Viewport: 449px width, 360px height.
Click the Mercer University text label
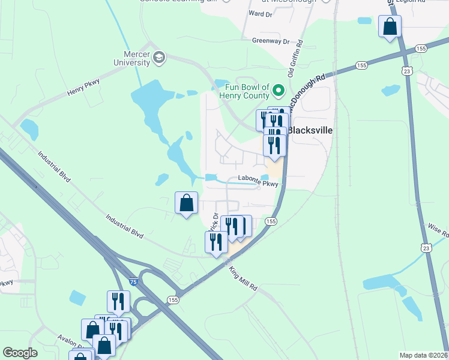click(x=133, y=58)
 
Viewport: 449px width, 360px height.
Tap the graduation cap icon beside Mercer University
click(x=159, y=57)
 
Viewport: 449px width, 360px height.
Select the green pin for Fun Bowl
click(x=278, y=91)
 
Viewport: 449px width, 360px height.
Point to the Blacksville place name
click(x=310, y=130)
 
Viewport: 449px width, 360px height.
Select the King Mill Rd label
click(x=244, y=278)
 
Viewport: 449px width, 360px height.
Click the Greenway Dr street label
click(x=271, y=41)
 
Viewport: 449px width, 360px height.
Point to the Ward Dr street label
click(x=260, y=13)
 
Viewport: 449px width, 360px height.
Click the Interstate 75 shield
click(x=133, y=281)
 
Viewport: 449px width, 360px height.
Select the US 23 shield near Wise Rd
click(x=425, y=247)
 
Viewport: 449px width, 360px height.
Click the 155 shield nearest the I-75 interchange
click(x=173, y=300)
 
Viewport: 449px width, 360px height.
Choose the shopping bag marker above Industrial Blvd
click(x=187, y=203)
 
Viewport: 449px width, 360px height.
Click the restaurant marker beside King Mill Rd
click(x=216, y=242)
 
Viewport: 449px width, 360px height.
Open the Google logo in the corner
click(x=20, y=353)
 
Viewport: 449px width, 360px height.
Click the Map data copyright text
click(x=423, y=355)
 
